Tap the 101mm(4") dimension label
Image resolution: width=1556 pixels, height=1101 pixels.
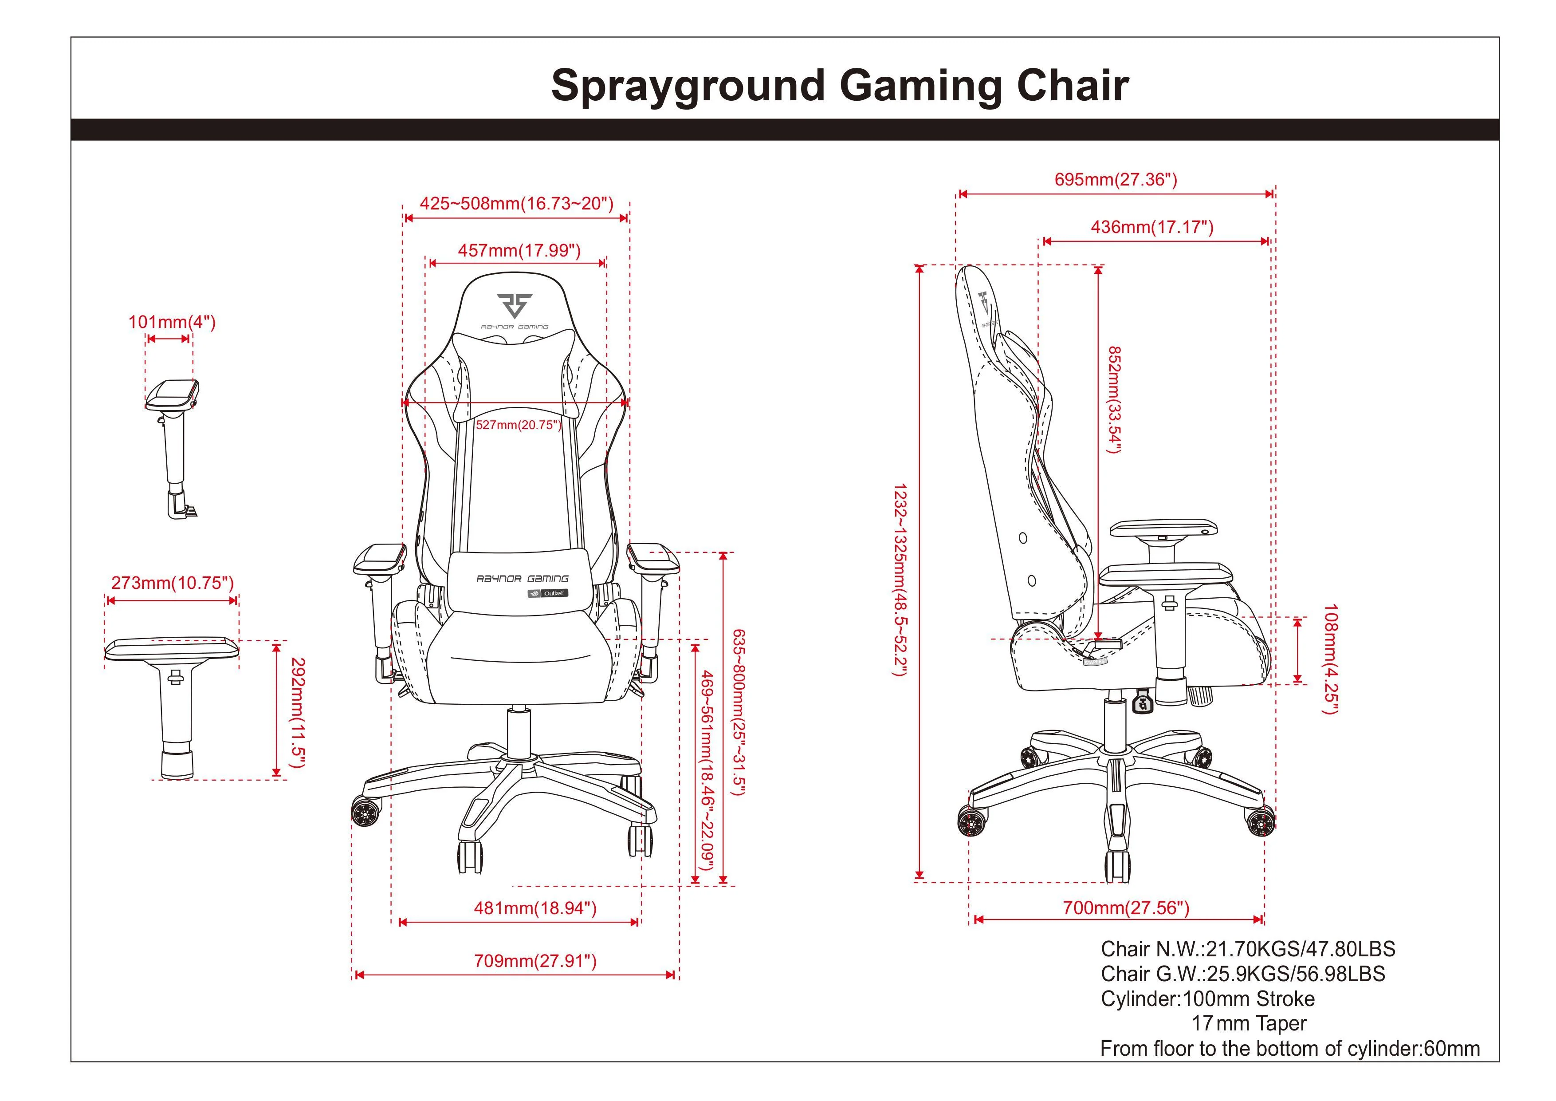(x=172, y=322)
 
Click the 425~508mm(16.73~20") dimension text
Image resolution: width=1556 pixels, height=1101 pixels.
(x=516, y=203)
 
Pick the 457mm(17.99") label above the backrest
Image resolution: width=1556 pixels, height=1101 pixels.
(x=519, y=251)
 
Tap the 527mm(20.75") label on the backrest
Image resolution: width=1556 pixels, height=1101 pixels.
(x=519, y=425)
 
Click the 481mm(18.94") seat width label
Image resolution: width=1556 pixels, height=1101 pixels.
(x=535, y=908)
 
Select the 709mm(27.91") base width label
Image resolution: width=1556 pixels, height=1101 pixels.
(x=535, y=961)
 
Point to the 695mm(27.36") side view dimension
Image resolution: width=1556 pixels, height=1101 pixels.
(x=1116, y=180)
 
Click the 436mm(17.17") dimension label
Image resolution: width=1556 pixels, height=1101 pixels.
(x=1152, y=227)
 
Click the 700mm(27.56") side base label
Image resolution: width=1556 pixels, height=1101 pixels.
(x=1126, y=908)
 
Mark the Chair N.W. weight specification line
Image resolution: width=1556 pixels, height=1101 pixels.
(x=1248, y=949)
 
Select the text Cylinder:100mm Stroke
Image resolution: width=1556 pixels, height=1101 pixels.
(x=1208, y=998)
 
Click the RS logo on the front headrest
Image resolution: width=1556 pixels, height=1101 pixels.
(x=515, y=306)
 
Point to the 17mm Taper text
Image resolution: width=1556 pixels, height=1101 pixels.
(x=1249, y=1024)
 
